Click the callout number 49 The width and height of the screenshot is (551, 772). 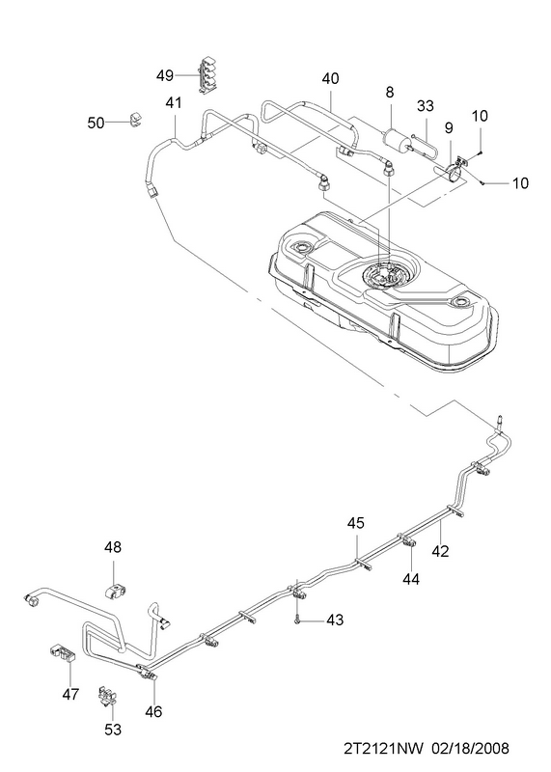pyautogui.click(x=165, y=75)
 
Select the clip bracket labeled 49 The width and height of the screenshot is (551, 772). pyautogui.click(x=207, y=75)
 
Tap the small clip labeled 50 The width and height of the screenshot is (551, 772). pyautogui.click(x=135, y=119)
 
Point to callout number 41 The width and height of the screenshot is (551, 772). pyautogui.click(x=174, y=103)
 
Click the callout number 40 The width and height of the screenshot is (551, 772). pyautogui.click(x=331, y=78)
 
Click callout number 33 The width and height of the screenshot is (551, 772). pyautogui.click(x=426, y=106)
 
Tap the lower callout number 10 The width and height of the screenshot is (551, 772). pyautogui.click(x=520, y=183)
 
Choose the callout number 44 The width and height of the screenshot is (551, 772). pyautogui.click(x=411, y=580)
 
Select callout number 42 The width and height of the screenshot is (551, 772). pyautogui.click(x=441, y=551)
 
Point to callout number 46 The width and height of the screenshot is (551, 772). pyautogui.click(x=154, y=711)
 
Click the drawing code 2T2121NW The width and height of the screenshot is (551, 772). pyautogui.click(x=383, y=749)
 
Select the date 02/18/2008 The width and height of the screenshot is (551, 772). pyautogui.click(x=470, y=749)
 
